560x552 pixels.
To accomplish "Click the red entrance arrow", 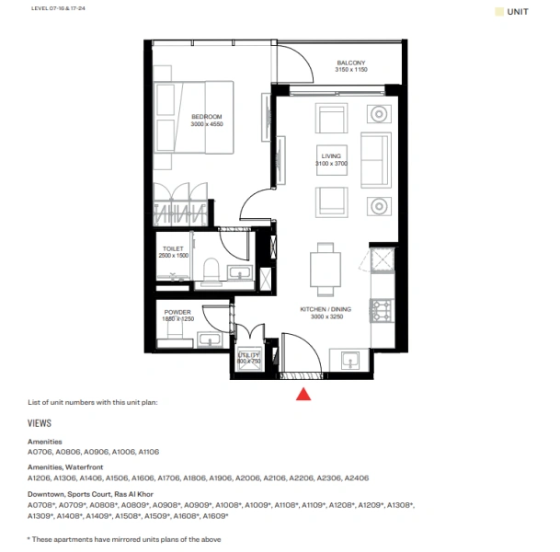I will (303, 393).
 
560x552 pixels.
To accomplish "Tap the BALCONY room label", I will (350, 62).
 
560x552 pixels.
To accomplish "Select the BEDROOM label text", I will (207, 116).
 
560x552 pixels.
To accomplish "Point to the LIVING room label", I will (329, 156).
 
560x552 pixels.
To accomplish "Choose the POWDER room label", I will (177, 312).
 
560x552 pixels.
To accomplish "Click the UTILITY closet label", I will (249, 353).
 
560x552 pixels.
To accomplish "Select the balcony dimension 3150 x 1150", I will (350, 70).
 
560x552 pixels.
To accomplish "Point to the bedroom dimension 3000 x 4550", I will (207, 123).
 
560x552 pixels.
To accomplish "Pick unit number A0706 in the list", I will (41, 452).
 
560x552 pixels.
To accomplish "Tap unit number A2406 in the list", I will (355, 478).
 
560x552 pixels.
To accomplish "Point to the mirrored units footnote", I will (124, 539).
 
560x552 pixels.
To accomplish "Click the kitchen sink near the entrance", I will (350, 359).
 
